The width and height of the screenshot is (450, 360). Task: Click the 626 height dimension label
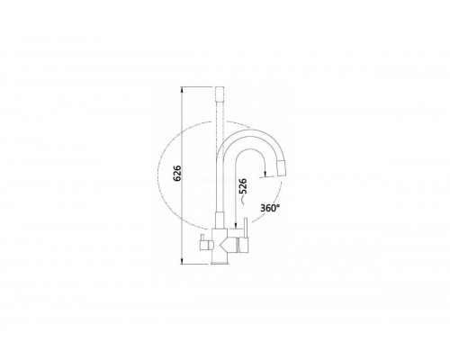[177, 173]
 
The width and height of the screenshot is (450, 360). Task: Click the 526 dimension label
[242, 186]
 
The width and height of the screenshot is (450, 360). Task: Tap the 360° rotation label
[270, 208]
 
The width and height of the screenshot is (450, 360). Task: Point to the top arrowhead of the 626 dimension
[182, 89]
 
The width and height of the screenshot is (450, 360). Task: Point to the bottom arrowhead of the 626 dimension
[182, 262]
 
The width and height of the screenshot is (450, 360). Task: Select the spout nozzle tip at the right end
[281, 168]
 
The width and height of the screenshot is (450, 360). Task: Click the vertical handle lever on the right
[246, 229]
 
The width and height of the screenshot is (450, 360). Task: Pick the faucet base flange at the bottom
[220, 263]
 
